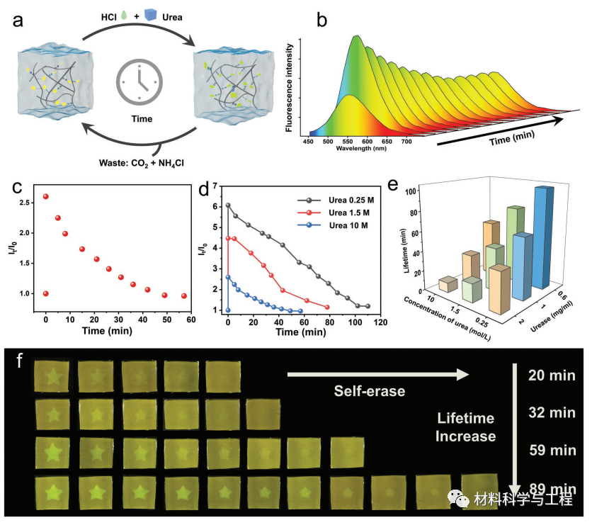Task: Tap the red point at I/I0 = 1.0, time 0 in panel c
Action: click(x=46, y=293)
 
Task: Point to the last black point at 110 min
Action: click(x=368, y=306)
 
